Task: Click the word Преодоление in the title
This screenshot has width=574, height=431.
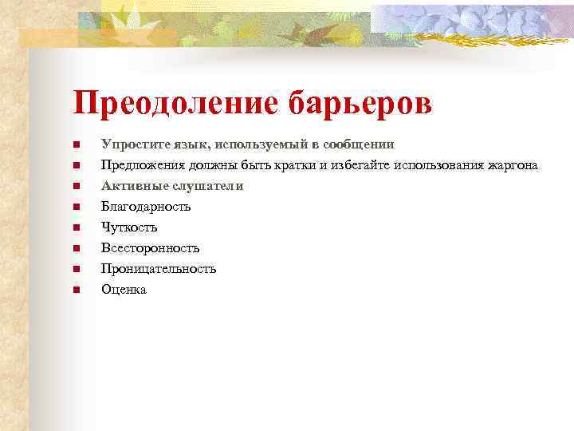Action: point(181,103)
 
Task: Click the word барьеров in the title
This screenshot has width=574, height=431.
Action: point(368,103)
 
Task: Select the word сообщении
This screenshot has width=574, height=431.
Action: point(356,144)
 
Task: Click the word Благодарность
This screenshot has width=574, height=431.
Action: point(146,207)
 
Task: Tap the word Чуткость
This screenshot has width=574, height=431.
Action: point(129,227)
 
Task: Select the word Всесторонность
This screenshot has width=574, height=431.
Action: point(150,248)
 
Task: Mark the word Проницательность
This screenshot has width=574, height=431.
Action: point(159,269)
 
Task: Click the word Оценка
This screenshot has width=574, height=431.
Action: point(124,290)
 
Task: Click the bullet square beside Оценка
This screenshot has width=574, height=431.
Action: point(75,290)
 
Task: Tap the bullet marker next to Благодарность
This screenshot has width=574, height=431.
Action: point(75,207)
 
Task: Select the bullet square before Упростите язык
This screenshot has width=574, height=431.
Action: point(75,144)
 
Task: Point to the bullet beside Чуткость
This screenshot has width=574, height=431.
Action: point(75,227)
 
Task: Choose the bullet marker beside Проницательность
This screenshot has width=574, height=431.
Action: point(75,269)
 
